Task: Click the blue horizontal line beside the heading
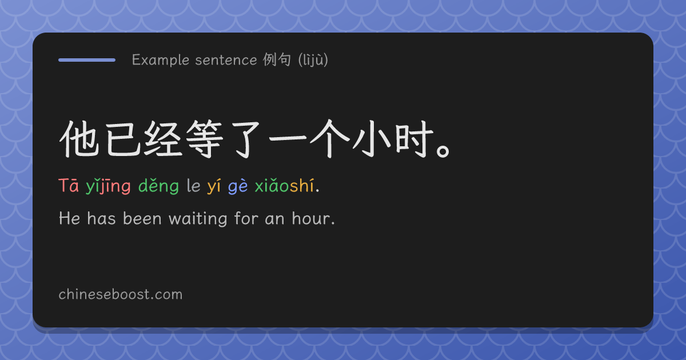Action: click(87, 60)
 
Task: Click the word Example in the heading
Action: click(161, 60)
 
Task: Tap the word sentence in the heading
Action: click(226, 61)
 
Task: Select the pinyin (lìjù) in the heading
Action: click(313, 60)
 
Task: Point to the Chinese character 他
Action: click(79, 139)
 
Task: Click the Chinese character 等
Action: click(205, 139)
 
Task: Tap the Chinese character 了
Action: click(246, 139)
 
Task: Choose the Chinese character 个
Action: click(330, 139)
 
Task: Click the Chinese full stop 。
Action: click(443, 151)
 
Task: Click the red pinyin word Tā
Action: click(69, 185)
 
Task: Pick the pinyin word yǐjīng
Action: click(108, 186)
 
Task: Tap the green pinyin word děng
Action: click(158, 186)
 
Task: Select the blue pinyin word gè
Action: click(238, 186)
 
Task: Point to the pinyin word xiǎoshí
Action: click(285, 186)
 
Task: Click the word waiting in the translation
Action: click(198, 218)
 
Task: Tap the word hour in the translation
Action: click(311, 218)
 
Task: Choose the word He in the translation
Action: click(70, 218)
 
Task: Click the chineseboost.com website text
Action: click(121, 294)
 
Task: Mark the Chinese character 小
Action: click(372, 139)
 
